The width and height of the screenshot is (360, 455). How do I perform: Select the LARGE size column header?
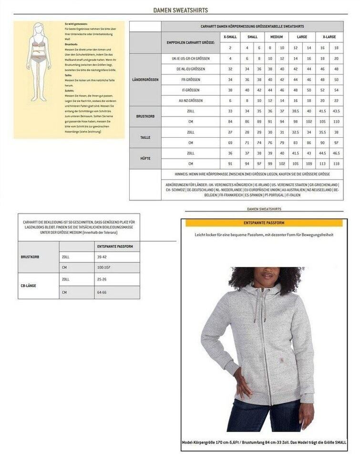pos(302,37)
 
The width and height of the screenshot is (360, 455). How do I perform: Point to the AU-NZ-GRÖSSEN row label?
pos(190,101)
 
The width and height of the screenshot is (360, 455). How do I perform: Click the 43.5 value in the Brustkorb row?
pos(337,111)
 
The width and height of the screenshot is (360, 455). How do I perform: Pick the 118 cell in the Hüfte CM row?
pos(337,164)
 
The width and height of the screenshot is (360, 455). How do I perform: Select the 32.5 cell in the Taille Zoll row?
pos(296,132)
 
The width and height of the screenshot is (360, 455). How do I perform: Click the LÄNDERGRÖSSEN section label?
pos(145,79)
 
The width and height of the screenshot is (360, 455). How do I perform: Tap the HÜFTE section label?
pos(145,159)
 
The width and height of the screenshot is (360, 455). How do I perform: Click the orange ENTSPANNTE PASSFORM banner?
pos(264,222)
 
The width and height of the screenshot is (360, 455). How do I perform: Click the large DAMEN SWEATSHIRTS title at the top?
pos(180,10)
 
